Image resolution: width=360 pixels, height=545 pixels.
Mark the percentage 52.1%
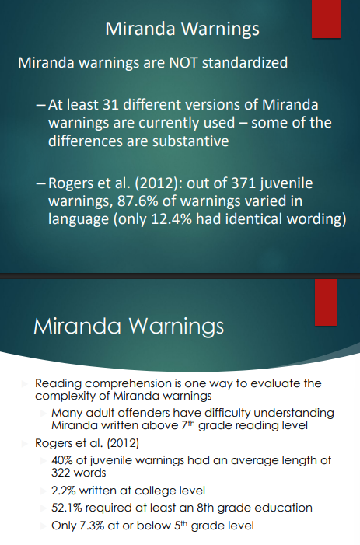point(68,508)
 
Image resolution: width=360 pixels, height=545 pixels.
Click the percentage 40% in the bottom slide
point(62,460)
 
